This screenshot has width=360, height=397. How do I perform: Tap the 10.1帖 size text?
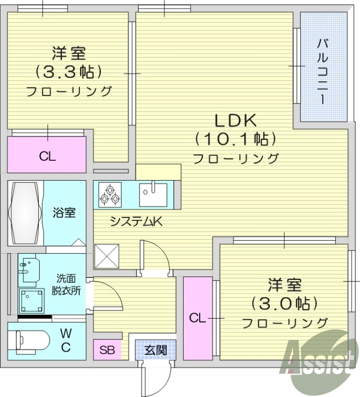tap(235, 139)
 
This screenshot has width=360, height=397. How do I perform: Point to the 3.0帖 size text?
tap(285, 303)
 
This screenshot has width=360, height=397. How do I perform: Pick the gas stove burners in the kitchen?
tap(110, 194)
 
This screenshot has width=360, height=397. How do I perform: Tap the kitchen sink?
tap(153, 194)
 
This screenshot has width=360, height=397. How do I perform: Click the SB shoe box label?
tap(107, 350)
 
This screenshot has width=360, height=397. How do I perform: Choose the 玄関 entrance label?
tap(155, 350)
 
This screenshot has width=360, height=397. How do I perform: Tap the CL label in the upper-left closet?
tap(48, 157)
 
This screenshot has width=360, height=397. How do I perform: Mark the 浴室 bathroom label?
tap(65, 213)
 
